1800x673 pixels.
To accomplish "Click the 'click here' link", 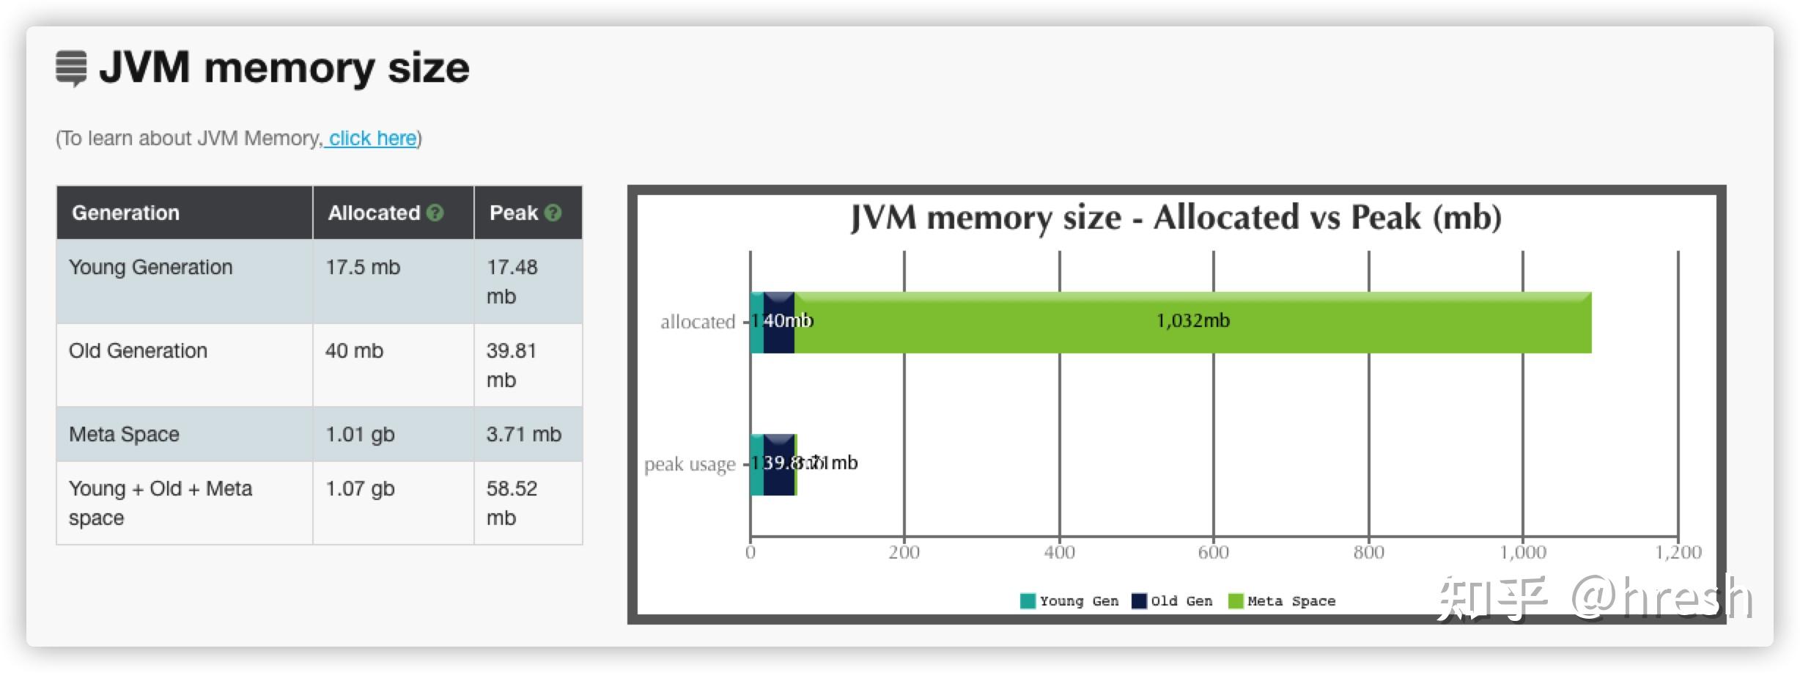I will click(x=372, y=138).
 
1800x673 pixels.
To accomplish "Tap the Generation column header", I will click(x=125, y=213).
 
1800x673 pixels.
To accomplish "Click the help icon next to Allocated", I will click(x=435, y=213).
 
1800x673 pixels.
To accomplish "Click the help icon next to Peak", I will click(x=553, y=213).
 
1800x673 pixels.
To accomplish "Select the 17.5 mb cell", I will click(x=363, y=267).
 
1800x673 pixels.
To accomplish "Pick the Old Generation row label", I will click(x=138, y=350).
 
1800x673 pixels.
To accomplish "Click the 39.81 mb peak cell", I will click(x=512, y=364).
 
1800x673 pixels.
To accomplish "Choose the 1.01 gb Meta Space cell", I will click(x=360, y=434).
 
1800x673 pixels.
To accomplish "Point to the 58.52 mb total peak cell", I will click(x=512, y=502).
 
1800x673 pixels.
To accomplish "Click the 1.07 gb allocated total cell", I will click(x=360, y=488).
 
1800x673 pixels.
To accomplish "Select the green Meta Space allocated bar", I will click(x=1026, y=323).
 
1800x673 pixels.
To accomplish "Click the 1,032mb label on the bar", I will click(x=1192, y=320).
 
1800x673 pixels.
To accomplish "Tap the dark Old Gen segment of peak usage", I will click(x=778, y=477).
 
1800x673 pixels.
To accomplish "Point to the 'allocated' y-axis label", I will click(x=697, y=322).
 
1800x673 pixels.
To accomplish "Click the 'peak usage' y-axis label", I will click(x=689, y=464).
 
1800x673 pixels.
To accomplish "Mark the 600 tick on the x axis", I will click(x=1213, y=552).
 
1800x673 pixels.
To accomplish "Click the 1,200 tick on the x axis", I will click(x=1678, y=552).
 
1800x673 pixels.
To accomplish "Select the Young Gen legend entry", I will click(x=1069, y=601).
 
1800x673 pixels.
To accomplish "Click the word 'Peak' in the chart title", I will click(x=1385, y=218).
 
